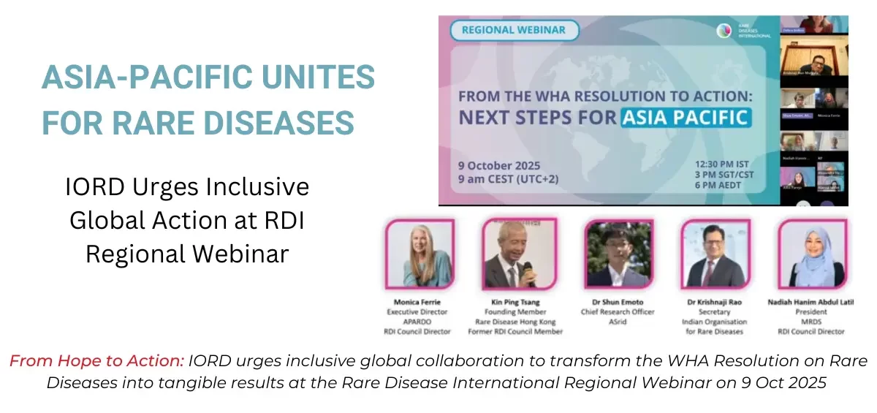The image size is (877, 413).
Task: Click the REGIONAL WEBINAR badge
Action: pyautogui.click(x=514, y=30)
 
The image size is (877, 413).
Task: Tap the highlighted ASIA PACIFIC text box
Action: pyautogui.click(x=686, y=117)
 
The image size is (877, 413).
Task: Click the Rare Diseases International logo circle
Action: pyautogui.click(x=724, y=31)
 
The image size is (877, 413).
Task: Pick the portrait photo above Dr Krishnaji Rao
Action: pyautogui.click(x=713, y=254)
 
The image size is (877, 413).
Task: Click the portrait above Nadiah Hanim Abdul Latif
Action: pyautogui.click(x=811, y=254)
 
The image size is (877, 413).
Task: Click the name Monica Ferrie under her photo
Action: pyautogui.click(x=418, y=302)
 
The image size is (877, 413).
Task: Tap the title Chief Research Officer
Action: pyautogui.click(x=618, y=312)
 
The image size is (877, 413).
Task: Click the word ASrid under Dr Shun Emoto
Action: pyautogui.click(x=618, y=322)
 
